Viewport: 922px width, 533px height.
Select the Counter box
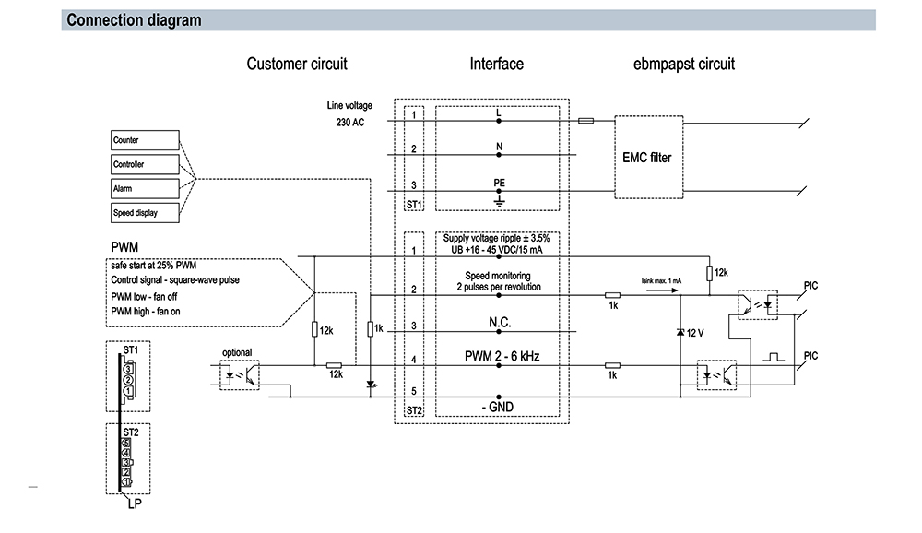[x=145, y=140]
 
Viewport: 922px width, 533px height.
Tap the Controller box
[x=145, y=164]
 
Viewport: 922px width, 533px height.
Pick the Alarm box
[x=145, y=188]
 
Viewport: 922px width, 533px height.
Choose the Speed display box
[x=145, y=212]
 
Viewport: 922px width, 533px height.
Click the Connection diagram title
[x=134, y=20]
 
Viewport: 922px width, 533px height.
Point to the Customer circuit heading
[x=297, y=64]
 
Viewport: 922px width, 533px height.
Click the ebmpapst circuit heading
[x=684, y=64]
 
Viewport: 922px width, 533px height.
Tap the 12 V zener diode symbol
[x=680, y=332]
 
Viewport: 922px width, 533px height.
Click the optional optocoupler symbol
[x=240, y=374]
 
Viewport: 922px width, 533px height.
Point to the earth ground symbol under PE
[x=499, y=201]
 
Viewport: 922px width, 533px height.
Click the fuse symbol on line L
[x=585, y=121]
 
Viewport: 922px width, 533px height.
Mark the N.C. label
[x=500, y=323]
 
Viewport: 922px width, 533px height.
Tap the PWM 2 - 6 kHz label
[x=502, y=356]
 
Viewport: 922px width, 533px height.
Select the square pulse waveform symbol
[x=774, y=357]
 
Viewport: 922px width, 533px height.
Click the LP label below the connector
[x=135, y=503]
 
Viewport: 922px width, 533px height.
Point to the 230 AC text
[x=349, y=123]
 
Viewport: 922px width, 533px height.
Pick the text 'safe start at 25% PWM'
[x=153, y=266]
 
